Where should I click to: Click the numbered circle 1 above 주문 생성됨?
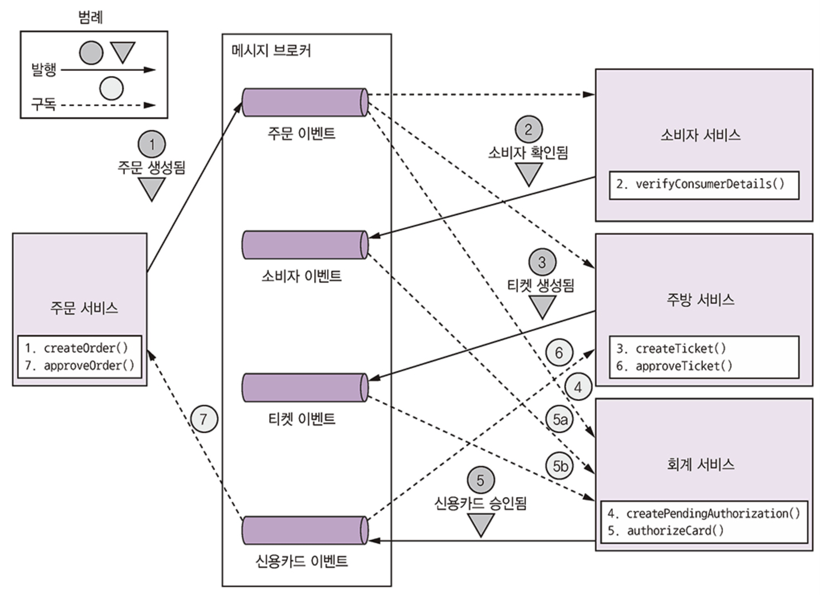coord(152,144)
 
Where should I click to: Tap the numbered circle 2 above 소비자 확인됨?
coord(528,129)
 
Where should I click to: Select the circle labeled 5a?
coord(559,419)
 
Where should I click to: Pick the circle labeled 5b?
coord(559,466)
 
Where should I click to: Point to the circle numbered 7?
coord(204,419)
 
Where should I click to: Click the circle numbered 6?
coord(559,353)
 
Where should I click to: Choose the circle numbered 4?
coord(578,387)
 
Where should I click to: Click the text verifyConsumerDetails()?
coord(710,184)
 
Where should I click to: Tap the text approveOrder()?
coord(89,366)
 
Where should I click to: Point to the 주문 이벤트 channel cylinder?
coord(305,102)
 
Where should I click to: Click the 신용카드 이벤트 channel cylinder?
coord(305,530)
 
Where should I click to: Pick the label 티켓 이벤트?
coord(302,419)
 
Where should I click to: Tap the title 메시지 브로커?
coord(271,51)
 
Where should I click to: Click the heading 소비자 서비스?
coord(700,135)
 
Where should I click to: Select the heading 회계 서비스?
coord(700,465)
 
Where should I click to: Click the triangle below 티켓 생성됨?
coord(542,305)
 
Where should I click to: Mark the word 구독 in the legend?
coord(44,104)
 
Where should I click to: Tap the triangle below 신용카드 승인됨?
coord(481,524)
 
